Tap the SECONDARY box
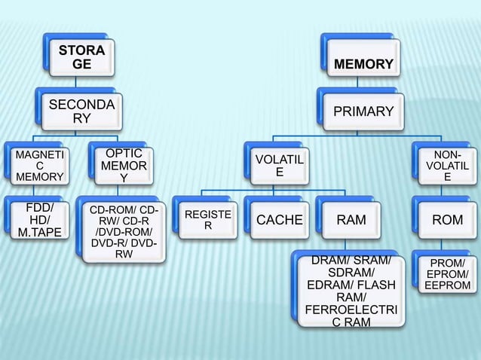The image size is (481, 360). tap(82, 112)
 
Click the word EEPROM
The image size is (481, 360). tap(448, 286)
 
